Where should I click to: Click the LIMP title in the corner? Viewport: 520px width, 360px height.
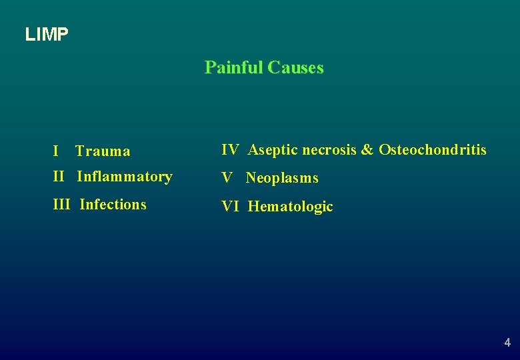(47, 35)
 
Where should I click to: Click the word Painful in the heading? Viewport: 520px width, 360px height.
(233, 68)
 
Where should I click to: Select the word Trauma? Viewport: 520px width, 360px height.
(103, 151)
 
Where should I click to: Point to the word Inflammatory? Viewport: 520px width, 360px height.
(125, 177)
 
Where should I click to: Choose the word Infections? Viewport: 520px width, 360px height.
(113, 205)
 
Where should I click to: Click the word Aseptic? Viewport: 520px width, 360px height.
(273, 150)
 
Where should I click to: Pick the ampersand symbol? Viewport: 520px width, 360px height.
(367, 150)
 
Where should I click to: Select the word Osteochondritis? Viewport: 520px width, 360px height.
(433, 150)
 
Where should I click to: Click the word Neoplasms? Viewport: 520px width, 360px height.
(282, 178)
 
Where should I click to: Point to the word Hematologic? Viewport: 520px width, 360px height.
(290, 207)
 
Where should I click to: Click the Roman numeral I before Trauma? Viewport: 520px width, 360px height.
(55, 151)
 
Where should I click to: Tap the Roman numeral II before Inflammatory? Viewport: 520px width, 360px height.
(59, 177)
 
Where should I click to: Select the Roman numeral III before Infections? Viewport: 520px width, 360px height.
(61, 205)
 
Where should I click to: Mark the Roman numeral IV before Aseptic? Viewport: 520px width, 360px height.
(230, 150)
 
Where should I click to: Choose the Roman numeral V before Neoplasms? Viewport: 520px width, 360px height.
(227, 178)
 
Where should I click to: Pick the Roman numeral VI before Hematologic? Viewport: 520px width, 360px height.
(230, 207)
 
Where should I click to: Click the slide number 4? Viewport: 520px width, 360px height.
(507, 343)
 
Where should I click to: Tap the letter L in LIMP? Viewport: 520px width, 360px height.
(29, 35)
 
